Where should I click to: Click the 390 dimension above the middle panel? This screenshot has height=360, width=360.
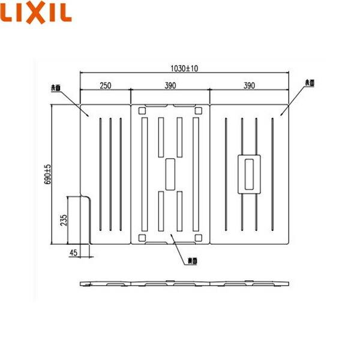tap(170, 86)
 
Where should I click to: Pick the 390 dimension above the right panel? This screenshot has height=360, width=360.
tap(249, 86)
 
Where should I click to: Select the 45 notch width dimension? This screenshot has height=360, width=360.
tap(73, 253)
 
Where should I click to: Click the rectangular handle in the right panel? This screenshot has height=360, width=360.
tap(249, 174)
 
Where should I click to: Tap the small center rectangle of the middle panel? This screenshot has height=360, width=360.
tap(170, 174)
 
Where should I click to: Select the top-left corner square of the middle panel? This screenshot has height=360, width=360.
tap(142, 110)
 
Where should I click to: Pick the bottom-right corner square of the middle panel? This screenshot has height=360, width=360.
tap(199, 237)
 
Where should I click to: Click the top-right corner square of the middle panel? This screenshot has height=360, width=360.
tap(199, 110)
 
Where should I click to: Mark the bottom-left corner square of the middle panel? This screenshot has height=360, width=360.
tap(142, 237)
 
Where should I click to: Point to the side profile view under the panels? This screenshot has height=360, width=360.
tap(184, 283)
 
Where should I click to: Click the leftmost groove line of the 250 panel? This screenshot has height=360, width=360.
tap(100, 174)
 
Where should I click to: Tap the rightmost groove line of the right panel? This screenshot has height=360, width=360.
tap(272, 174)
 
